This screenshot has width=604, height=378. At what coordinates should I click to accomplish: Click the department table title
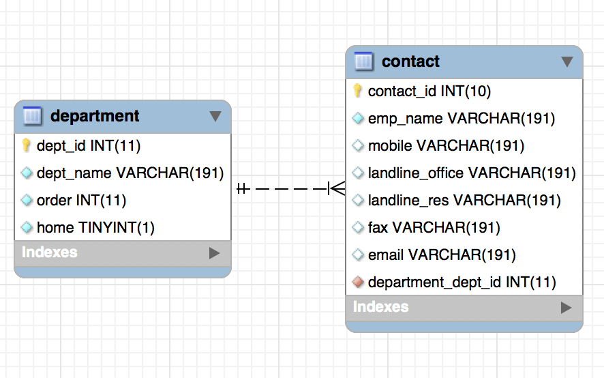(x=95, y=116)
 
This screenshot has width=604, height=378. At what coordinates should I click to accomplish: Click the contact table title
(x=410, y=61)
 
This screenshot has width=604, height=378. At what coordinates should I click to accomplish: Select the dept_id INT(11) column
(x=89, y=145)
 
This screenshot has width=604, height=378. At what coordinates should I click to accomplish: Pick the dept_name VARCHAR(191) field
(x=130, y=173)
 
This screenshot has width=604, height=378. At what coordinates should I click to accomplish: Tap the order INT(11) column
(x=81, y=200)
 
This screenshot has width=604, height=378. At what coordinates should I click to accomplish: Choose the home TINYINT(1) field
(x=95, y=227)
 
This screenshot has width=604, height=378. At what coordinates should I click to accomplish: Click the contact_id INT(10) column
(x=429, y=91)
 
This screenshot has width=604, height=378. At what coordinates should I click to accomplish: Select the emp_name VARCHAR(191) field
(x=461, y=119)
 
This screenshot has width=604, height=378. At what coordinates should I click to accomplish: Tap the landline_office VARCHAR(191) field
(x=472, y=173)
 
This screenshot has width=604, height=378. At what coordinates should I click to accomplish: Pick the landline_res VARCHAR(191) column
(x=464, y=201)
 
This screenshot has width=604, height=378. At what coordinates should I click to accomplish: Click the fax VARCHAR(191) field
(x=434, y=227)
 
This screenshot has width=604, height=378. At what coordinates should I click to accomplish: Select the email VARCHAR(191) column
(x=441, y=255)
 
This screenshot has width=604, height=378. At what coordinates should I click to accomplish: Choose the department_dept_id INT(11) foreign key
(x=462, y=282)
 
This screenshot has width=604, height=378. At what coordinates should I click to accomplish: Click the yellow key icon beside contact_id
(x=357, y=91)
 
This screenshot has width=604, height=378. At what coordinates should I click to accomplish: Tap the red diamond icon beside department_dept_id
(x=358, y=282)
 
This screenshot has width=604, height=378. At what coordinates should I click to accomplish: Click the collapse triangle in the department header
(x=215, y=116)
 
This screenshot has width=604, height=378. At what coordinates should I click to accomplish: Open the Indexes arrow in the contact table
(x=566, y=308)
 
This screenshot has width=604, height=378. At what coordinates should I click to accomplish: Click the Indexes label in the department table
(x=50, y=252)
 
